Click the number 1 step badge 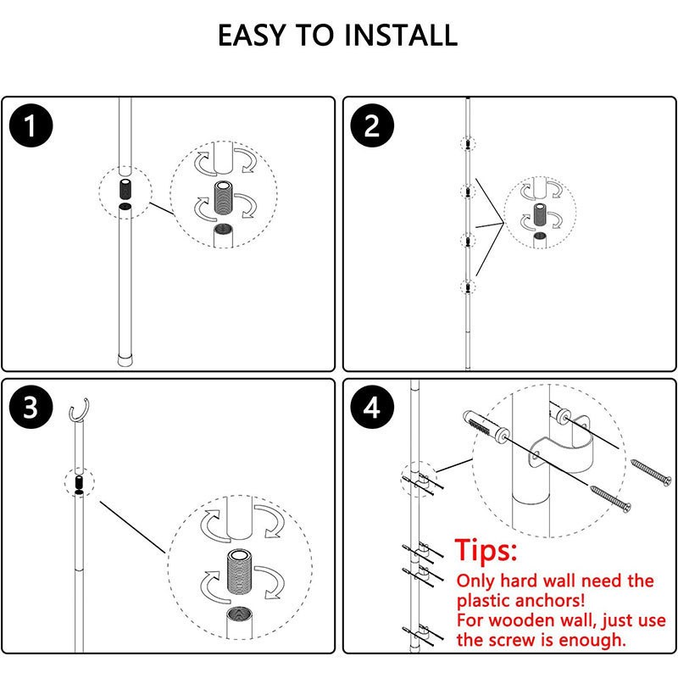31,128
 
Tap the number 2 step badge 371,128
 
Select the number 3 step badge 31,408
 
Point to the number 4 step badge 371,408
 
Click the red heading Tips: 486,551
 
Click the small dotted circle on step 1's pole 125,191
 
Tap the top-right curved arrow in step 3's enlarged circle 271,525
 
